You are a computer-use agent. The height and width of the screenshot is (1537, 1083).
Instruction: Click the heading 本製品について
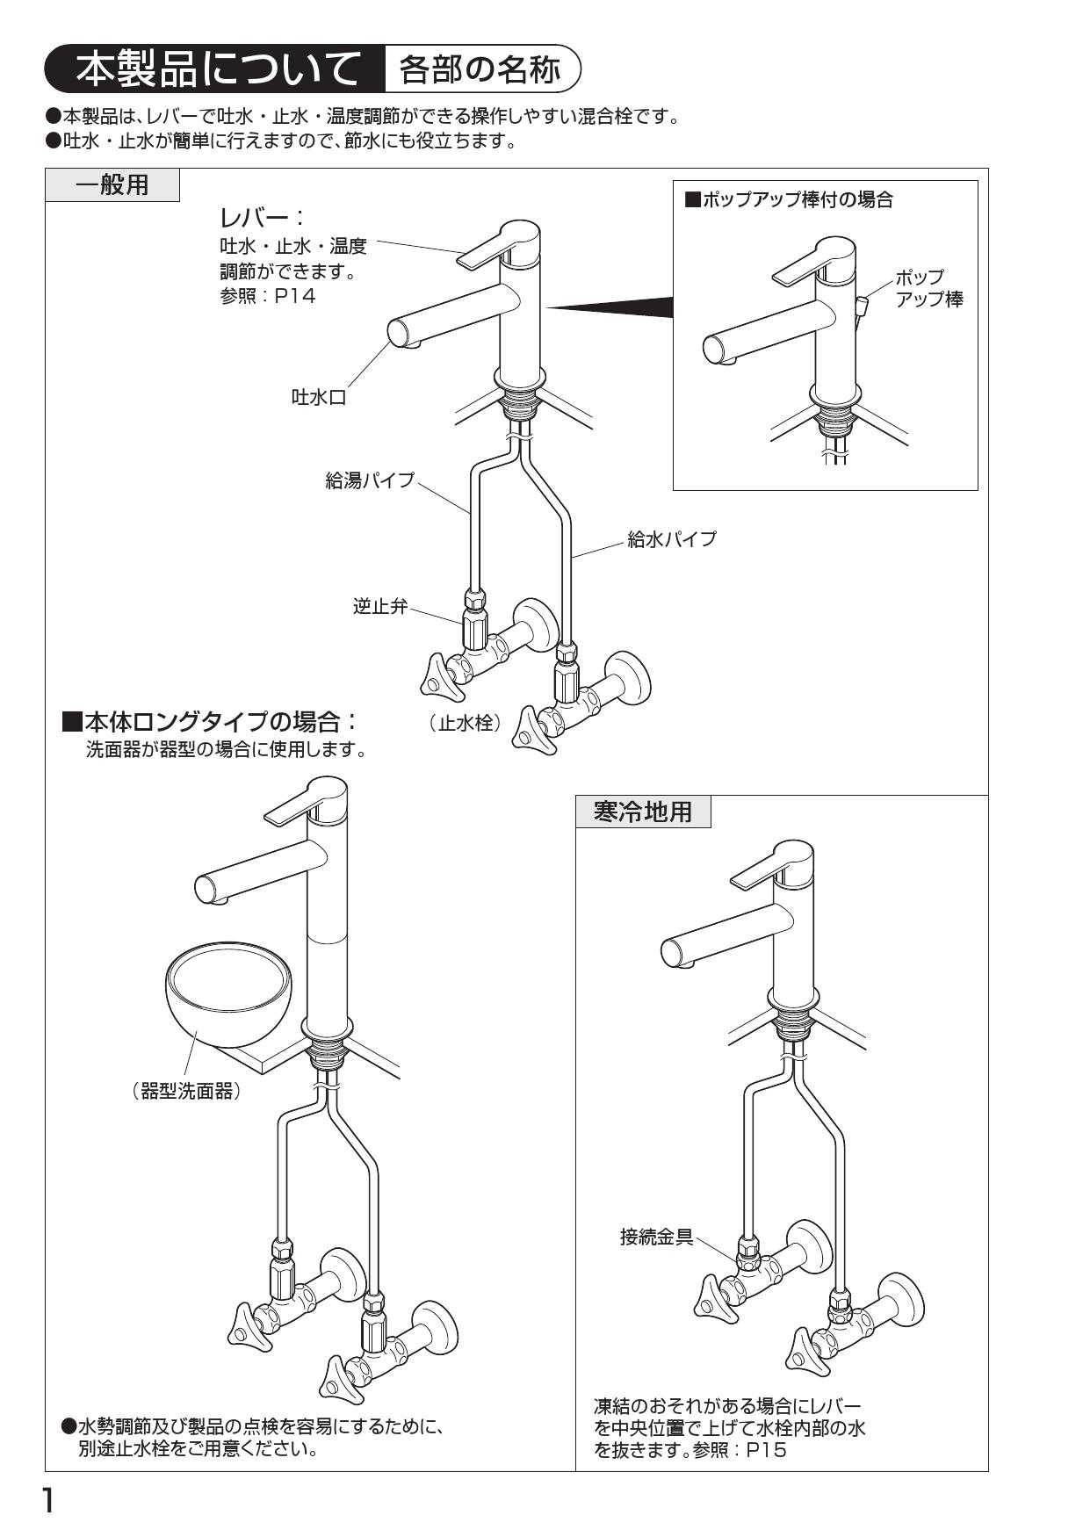pos(216,69)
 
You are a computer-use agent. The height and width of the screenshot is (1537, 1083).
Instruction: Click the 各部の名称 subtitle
pos(480,69)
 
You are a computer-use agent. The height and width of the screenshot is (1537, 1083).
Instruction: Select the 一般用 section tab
pos(112,185)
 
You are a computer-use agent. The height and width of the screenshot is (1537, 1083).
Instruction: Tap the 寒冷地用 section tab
pos(643,812)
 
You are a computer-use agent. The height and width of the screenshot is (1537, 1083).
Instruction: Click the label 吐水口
pos(319,398)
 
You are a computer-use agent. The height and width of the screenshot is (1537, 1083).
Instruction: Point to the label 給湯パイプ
pos(369,480)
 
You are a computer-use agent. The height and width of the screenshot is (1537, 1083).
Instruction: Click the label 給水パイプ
pos(671,539)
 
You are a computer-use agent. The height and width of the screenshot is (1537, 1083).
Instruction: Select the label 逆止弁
pos(380,606)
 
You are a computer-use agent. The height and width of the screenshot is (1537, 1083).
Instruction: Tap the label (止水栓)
pos(465,723)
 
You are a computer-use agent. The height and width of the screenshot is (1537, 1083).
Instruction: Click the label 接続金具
pos(656,1238)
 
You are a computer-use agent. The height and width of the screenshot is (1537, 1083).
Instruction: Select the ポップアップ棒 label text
pos(928,288)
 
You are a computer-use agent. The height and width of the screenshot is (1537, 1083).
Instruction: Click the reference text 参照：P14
pos(267,296)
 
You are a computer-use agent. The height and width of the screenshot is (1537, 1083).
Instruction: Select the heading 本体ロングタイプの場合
pos(211,723)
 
